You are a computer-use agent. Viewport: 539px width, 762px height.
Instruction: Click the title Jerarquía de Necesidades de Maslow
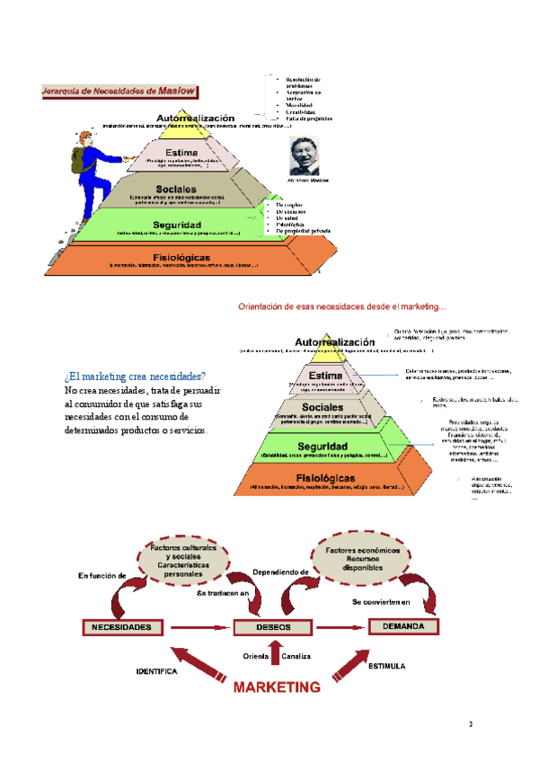click(x=119, y=91)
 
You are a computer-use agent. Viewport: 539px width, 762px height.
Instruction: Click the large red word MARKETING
click(x=278, y=687)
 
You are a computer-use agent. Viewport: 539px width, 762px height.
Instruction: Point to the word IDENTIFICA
click(x=157, y=670)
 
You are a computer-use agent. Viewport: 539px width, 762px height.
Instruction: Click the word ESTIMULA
click(x=386, y=667)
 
